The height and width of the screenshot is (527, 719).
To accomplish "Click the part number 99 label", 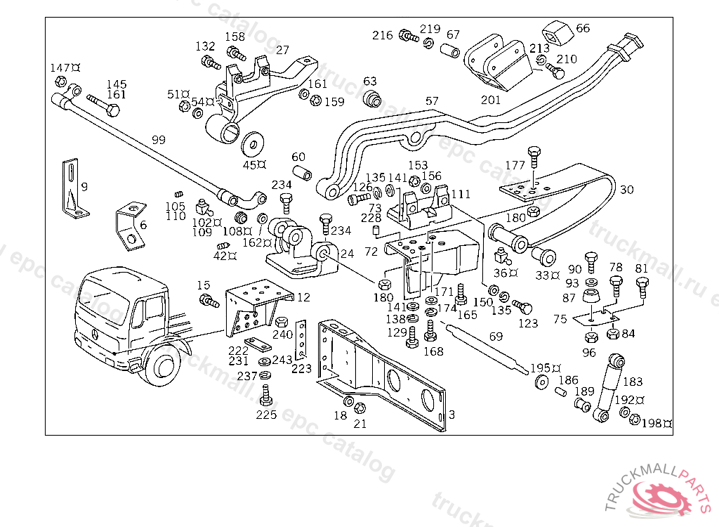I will coord(159,140).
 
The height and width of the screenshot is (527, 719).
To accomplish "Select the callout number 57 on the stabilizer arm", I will coord(432,101).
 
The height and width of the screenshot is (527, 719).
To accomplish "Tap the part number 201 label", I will coord(491,100).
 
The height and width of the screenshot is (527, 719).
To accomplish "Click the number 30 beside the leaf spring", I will coord(626,190).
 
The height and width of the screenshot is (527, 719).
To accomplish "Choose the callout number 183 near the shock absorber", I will coord(633,382).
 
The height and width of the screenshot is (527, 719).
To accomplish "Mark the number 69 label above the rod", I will coord(496,337).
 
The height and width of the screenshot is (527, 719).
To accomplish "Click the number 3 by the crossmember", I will coord(451,415).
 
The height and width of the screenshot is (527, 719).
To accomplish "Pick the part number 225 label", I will coord(266,415).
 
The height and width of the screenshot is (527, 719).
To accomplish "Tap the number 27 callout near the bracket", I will coord(282,50).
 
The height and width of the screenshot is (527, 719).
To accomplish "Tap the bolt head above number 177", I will coord(534,152).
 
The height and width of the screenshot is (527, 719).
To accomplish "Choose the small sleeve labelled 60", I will coord(303,172).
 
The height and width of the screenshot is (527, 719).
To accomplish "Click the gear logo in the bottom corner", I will coord(659,495).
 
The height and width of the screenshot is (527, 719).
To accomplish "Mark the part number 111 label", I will coord(461,194).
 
